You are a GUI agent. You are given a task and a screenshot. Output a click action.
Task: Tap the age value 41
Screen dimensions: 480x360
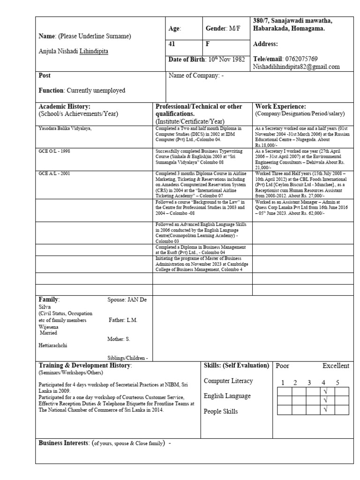(172, 45)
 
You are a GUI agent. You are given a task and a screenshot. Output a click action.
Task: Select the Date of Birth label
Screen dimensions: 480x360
(186, 60)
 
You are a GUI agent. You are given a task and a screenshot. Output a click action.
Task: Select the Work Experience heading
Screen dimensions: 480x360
(280, 106)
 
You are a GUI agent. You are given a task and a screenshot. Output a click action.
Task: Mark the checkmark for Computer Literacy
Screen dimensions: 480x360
(324, 390)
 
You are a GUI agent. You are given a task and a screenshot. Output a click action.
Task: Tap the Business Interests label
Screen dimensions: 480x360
(64, 442)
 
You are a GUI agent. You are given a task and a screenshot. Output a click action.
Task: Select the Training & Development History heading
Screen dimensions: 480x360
(85, 365)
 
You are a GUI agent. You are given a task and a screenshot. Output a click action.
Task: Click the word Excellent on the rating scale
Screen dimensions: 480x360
(336, 366)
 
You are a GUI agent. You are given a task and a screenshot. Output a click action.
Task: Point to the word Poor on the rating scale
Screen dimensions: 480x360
(283, 366)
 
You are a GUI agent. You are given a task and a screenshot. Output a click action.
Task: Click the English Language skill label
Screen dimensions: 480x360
(227, 396)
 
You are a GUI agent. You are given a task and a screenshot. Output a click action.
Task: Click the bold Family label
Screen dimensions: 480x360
(49, 300)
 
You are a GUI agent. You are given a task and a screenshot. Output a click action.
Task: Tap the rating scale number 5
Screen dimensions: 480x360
(337, 382)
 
